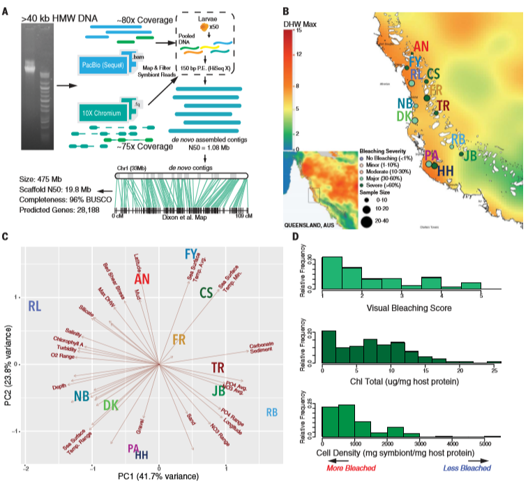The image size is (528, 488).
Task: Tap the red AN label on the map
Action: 421,47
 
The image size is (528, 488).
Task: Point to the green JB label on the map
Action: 470,155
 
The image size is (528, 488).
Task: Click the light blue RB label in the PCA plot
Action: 272,413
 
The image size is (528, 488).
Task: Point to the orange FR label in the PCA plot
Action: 179,340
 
